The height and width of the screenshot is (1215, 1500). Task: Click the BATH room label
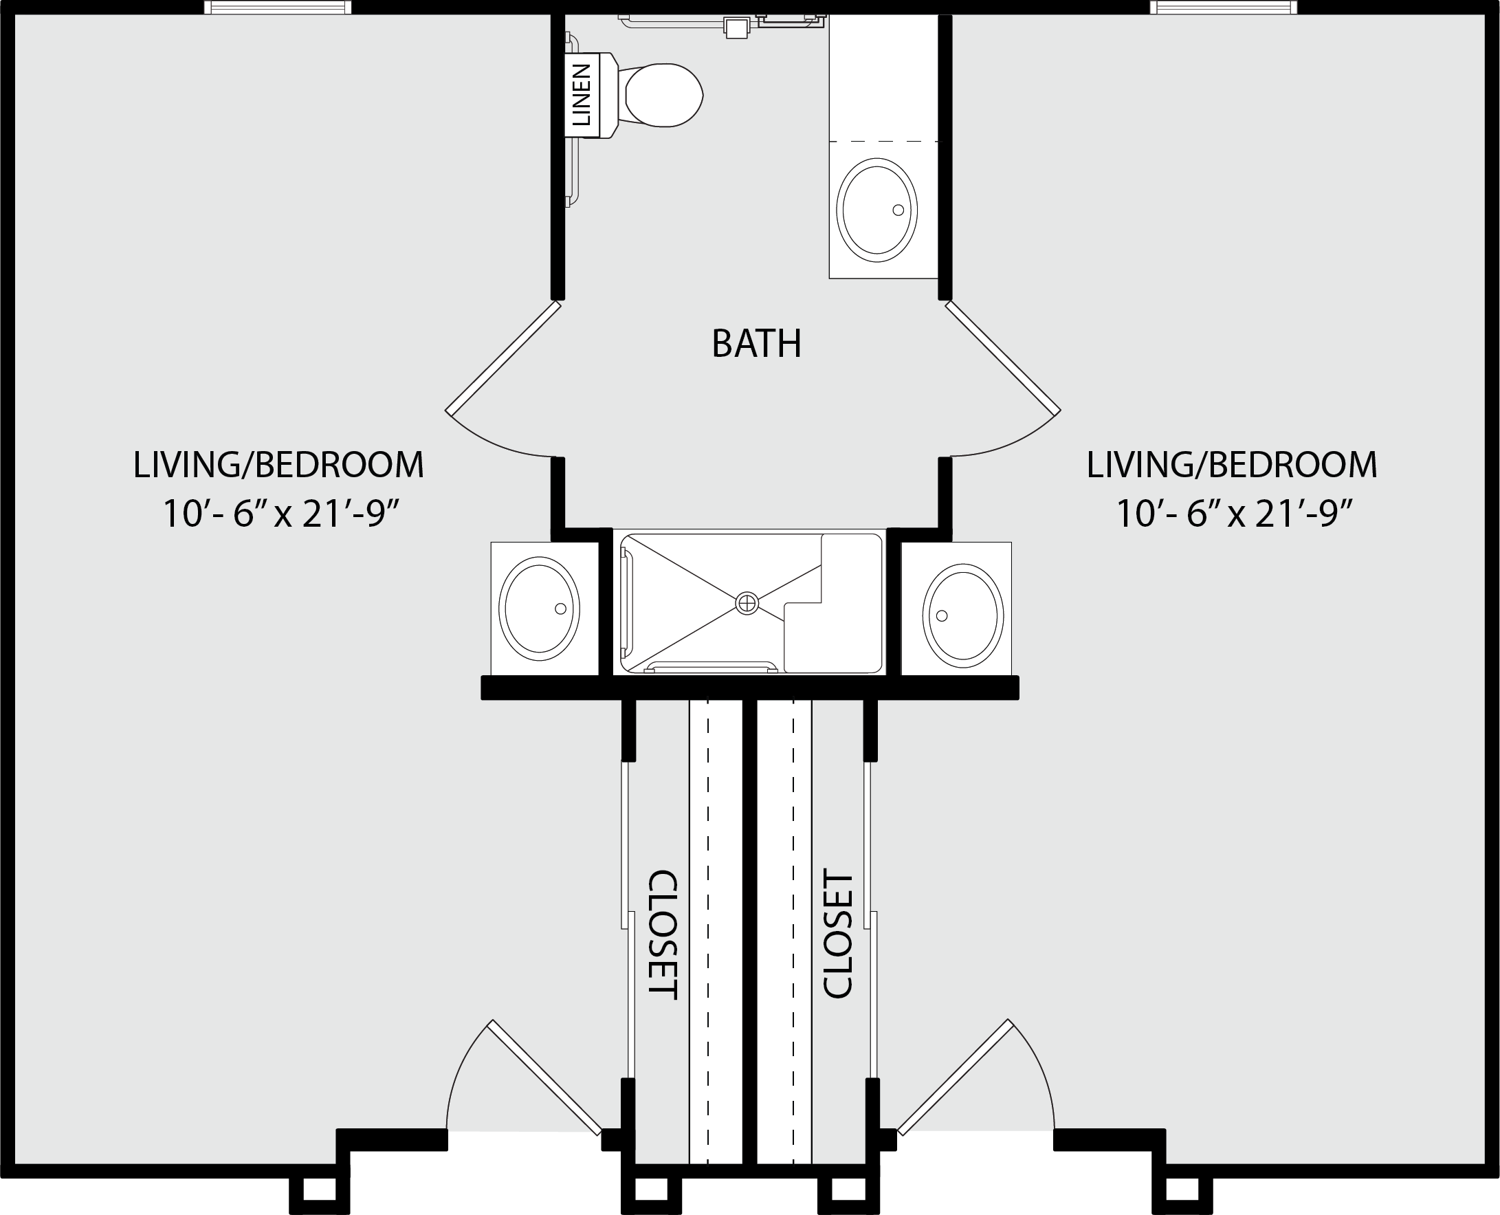[x=756, y=344]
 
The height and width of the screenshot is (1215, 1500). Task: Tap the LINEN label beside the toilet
[x=582, y=94]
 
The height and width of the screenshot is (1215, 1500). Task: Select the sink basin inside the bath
[x=877, y=210]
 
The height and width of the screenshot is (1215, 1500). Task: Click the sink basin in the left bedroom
[x=540, y=609]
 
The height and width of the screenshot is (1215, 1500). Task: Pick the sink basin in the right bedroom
[x=962, y=616]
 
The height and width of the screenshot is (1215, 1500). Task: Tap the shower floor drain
[x=747, y=602]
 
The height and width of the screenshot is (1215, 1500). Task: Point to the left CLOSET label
[x=663, y=935]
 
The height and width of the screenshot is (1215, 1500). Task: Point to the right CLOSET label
[x=837, y=934]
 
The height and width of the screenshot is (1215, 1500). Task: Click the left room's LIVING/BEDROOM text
[x=278, y=466]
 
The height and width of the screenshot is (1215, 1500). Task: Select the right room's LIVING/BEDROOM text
[x=1231, y=466]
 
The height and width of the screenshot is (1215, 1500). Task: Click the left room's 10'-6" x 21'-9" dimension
[x=280, y=514]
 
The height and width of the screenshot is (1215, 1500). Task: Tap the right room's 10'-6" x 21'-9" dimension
[x=1233, y=514]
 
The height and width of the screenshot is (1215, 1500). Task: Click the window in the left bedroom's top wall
[x=278, y=8]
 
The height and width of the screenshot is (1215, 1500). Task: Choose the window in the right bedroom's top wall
[x=1223, y=8]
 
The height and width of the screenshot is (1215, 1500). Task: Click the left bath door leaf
[x=503, y=358]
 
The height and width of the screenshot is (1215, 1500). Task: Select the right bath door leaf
[x=1003, y=358]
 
